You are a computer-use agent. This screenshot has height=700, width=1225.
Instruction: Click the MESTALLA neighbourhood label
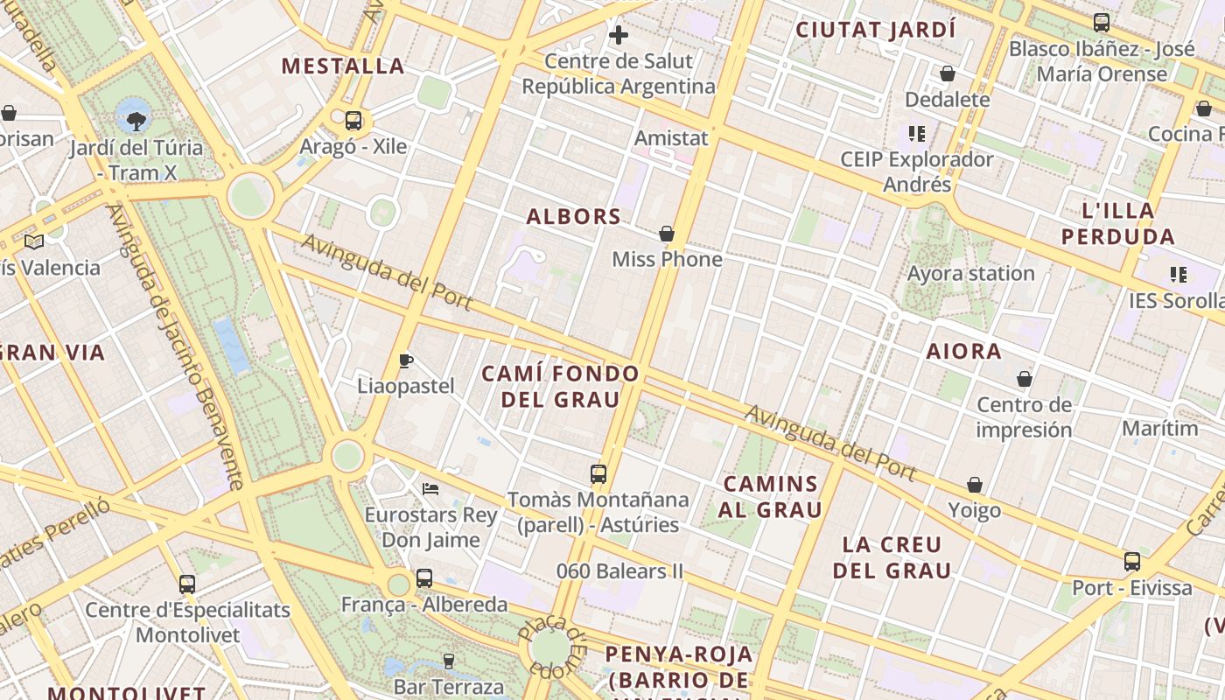point(343,66)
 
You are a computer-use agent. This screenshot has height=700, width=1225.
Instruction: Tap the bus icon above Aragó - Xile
point(353,121)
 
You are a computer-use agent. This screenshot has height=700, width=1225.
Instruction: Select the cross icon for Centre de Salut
point(619,35)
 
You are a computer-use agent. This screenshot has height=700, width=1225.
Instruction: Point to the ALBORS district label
point(574,217)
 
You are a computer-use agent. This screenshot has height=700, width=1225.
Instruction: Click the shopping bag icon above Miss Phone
point(667,234)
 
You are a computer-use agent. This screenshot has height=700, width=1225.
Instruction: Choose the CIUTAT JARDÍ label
point(875,30)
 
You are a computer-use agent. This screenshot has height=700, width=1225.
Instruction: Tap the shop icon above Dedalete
point(947,73)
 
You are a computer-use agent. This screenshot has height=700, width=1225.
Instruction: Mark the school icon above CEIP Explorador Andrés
point(916,134)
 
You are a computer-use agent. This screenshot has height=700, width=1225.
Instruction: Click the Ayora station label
point(970,273)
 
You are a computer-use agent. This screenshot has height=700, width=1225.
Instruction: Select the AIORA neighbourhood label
point(964,352)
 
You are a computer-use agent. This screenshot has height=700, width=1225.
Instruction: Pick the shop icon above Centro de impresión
point(1024,379)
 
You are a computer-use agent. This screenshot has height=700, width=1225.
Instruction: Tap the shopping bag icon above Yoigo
point(975,485)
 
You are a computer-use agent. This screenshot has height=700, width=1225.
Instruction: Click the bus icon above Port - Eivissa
point(1131,561)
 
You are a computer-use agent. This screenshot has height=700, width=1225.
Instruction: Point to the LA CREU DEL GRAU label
point(892,557)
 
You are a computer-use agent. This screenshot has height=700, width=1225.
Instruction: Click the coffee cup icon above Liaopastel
point(406,360)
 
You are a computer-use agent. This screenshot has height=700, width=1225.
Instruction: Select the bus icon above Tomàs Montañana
point(598,474)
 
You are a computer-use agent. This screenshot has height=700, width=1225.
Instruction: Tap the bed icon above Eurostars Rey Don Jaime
point(430,488)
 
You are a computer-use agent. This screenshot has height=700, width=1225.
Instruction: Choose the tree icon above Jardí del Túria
point(136,120)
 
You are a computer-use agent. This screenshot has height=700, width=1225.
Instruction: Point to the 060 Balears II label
point(619,571)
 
